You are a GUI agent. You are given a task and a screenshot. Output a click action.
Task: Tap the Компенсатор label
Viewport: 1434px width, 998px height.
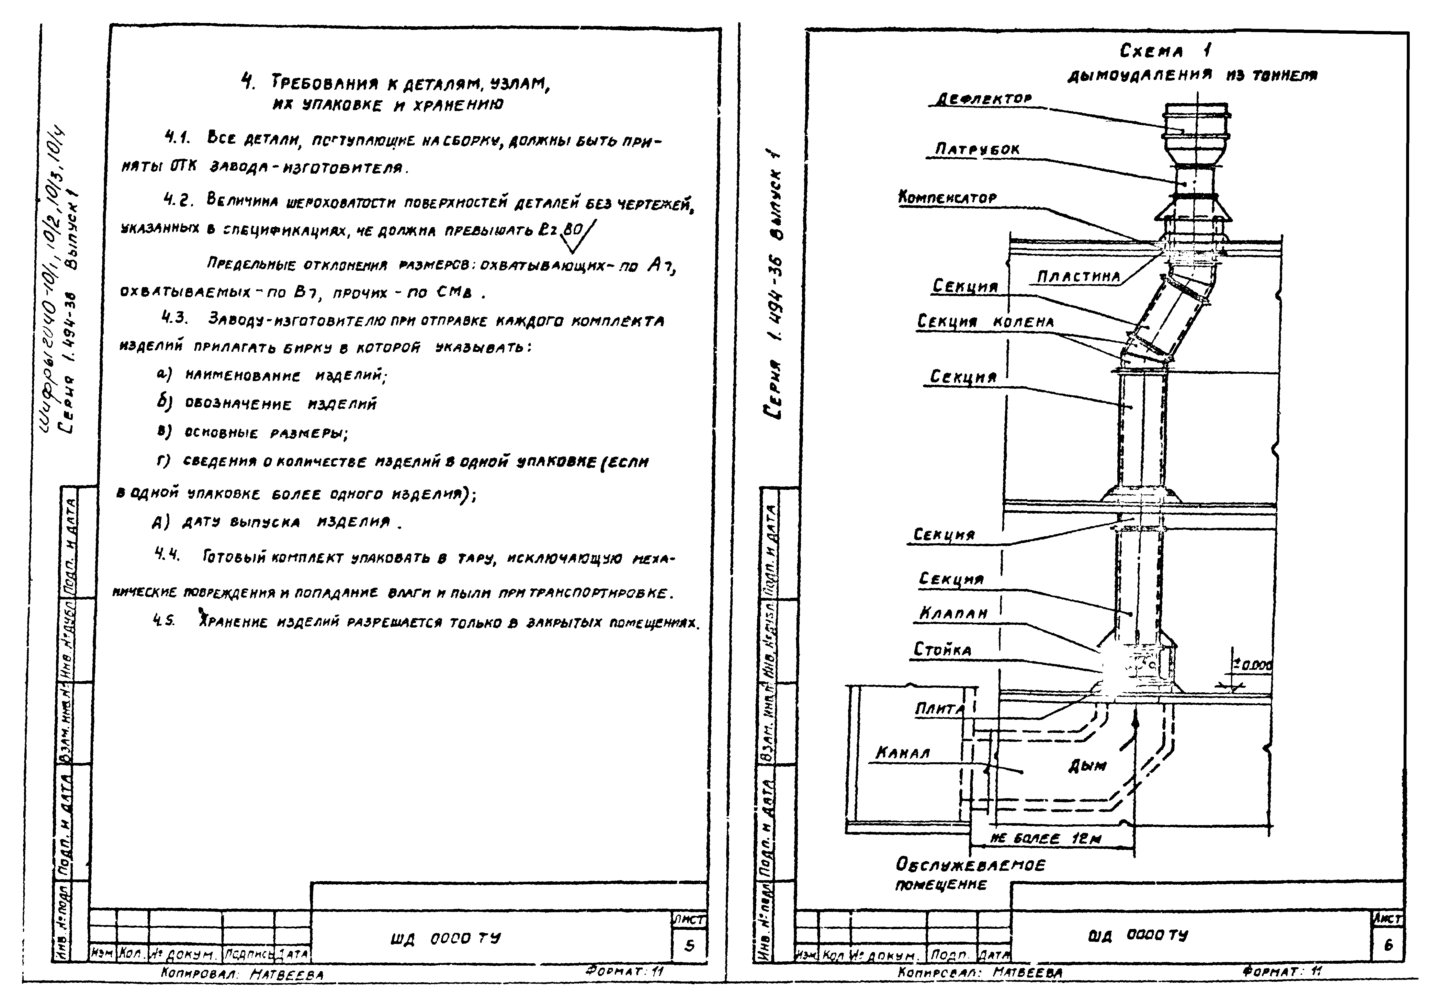tap(947, 198)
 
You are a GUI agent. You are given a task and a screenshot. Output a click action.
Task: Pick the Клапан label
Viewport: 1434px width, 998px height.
tap(953, 614)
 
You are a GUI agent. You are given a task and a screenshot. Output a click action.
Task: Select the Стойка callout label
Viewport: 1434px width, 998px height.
tap(943, 650)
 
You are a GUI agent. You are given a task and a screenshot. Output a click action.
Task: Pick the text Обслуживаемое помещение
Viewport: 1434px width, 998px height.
tap(969, 874)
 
